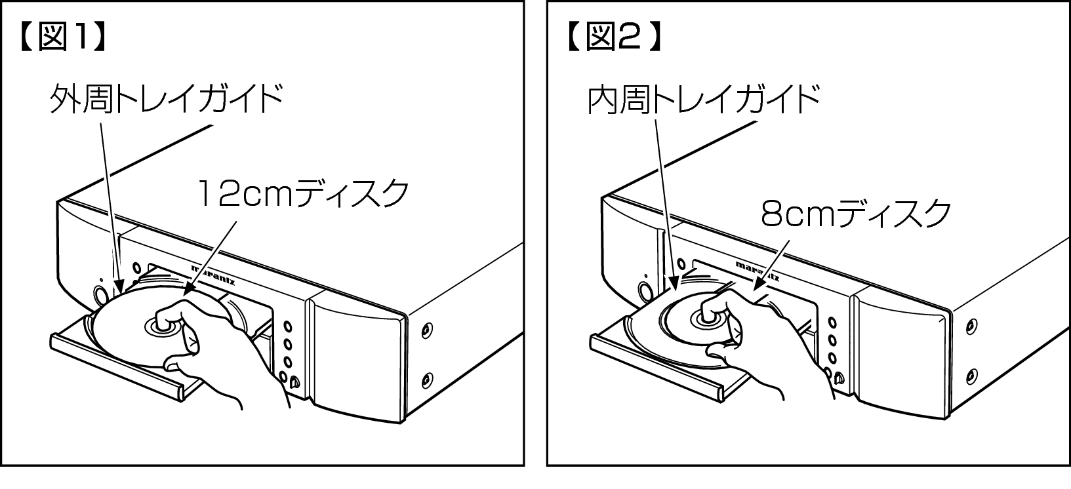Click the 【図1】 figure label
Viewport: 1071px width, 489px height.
(63, 37)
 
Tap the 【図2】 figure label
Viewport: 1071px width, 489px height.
(615, 37)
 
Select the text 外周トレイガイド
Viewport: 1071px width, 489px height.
(167, 98)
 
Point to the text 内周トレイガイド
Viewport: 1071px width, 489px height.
(703, 100)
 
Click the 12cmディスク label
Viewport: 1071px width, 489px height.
(303, 193)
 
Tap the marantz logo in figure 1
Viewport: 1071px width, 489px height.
(213, 275)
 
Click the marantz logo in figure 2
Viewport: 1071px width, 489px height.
(758, 271)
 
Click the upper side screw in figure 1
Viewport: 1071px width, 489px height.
(426, 330)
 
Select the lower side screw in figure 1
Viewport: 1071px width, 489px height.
(427, 380)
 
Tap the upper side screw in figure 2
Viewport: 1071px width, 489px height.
(971, 326)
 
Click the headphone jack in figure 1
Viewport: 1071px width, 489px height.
(294, 381)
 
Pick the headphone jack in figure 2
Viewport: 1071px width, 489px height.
(838, 379)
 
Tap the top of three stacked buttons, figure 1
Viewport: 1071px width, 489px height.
(287, 327)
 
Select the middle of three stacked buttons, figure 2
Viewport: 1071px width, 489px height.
(832, 340)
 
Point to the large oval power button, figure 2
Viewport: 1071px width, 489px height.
(645, 292)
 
